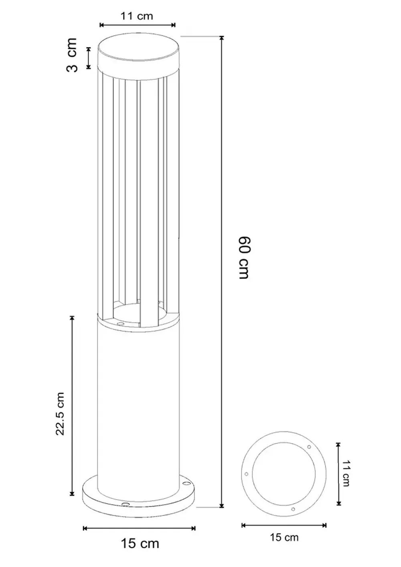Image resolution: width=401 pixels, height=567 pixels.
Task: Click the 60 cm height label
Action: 244,257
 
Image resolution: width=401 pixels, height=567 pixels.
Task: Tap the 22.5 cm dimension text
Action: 60,413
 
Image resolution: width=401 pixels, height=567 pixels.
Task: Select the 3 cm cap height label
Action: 72,55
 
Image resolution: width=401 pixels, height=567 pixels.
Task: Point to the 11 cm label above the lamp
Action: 137,16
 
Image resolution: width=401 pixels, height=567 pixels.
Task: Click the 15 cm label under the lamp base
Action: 140,543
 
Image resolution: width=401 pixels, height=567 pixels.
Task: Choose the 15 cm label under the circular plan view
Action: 284,537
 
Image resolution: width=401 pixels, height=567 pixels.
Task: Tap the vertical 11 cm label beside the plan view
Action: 346,474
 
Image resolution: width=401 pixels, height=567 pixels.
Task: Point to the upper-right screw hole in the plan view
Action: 309,447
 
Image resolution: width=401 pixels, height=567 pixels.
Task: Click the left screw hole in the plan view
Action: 246,474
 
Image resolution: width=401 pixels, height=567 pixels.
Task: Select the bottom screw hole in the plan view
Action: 293,509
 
